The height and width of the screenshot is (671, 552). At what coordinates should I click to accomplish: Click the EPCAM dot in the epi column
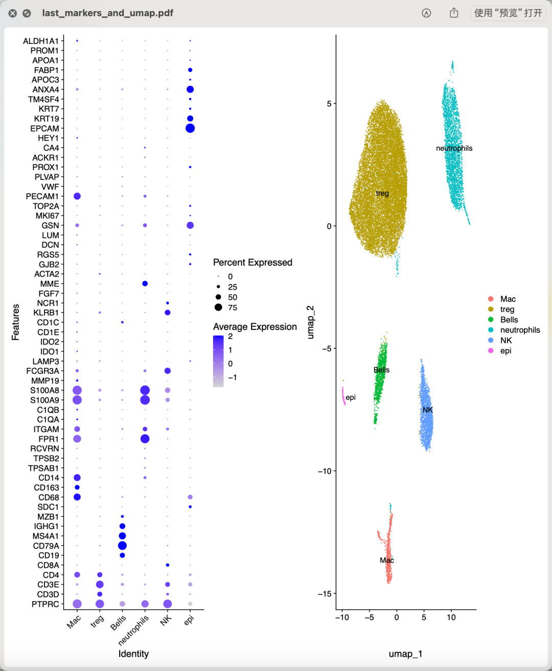[190, 128]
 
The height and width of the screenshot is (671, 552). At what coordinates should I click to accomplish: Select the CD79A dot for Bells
[122, 546]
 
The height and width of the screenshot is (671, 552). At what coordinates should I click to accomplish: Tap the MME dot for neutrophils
[145, 283]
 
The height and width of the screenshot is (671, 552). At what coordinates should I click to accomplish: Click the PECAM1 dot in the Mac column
[77, 196]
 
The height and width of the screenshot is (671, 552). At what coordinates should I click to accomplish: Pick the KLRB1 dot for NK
[168, 313]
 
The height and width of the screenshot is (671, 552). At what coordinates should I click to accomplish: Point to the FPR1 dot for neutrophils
[145, 439]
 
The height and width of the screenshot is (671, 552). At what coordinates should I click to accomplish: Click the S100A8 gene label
[44, 391]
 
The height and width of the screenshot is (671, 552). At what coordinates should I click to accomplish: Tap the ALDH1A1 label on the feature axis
[41, 41]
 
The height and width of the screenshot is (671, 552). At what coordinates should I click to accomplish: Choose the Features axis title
[16, 322]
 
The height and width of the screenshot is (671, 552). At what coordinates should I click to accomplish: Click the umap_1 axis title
[405, 654]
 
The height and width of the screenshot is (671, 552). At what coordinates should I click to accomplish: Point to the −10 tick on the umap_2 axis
[325, 471]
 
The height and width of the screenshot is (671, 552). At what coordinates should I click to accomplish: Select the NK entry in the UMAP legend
[505, 341]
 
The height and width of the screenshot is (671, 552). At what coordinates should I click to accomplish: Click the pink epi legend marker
[491, 351]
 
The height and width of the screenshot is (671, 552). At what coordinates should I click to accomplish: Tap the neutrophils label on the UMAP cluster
[454, 149]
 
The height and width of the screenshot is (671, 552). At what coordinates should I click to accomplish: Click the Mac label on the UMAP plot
[387, 560]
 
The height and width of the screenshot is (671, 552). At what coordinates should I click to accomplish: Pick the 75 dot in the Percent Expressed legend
[218, 307]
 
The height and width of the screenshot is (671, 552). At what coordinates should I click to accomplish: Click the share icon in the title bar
[454, 13]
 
